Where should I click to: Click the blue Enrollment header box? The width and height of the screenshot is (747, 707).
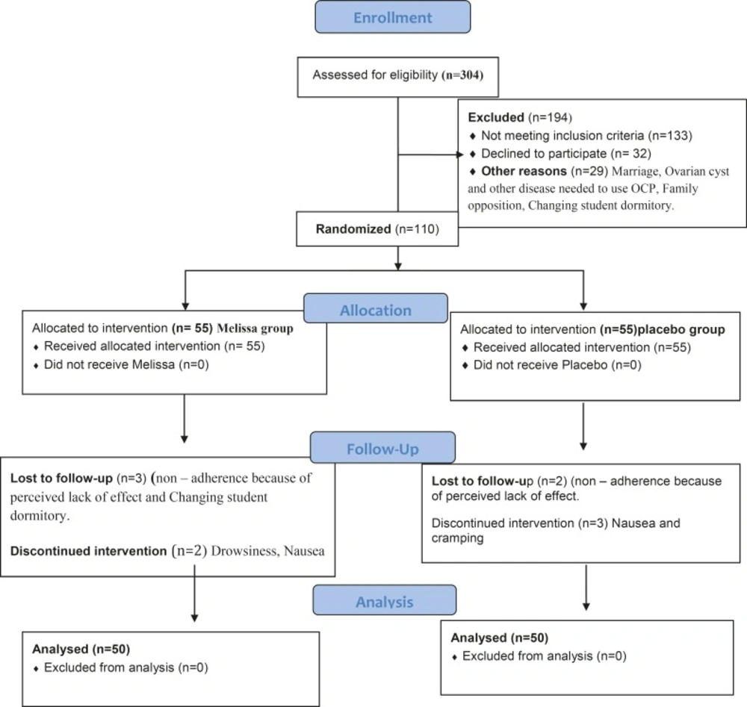pos(393,17)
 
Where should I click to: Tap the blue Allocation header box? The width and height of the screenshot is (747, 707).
pos(376,308)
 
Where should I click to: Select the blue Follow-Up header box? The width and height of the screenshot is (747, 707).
pos(382,447)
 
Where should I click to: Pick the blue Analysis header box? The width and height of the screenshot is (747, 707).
pos(385,600)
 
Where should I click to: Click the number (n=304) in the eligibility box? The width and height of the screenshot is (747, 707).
pos(462,75)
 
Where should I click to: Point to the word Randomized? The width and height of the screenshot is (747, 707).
pos(353,229)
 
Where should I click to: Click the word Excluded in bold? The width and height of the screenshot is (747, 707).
pos(496,117)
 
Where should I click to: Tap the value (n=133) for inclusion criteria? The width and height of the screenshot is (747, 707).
pos(670,136)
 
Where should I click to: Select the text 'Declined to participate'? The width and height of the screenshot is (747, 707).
pos(544,154)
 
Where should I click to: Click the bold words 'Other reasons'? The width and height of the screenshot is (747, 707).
pos(524,171)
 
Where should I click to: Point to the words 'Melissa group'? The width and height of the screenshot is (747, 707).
pos(255,328)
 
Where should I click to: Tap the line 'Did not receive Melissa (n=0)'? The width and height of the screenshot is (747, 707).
pos(126,364)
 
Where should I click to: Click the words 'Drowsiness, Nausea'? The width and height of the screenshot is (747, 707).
pos(267,551)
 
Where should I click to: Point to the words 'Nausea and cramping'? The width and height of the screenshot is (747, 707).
pos(556,530)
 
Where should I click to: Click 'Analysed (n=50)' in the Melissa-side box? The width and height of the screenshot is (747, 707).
pos(81,649)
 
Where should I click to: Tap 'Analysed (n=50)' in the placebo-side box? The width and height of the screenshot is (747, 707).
pos(499,638)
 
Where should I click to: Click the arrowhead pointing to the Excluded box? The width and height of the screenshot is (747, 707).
pos(459,155)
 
